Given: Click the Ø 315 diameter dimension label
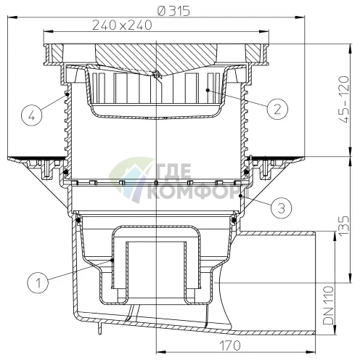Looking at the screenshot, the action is pos(173,11).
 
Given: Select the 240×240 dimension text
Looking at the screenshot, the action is pos(122,25).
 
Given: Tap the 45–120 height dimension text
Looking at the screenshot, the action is pos(344,99).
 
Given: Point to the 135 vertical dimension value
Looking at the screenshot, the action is pos(344,225).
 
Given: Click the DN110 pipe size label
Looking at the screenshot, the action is pos(328,306).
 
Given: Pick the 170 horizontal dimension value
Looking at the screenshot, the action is pos(230,345).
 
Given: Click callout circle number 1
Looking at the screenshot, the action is pos(38,282).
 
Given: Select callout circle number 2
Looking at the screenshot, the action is pos(277,109).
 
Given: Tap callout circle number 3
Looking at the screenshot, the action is pos(281,208).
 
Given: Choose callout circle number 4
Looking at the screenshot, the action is pos(31,115).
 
